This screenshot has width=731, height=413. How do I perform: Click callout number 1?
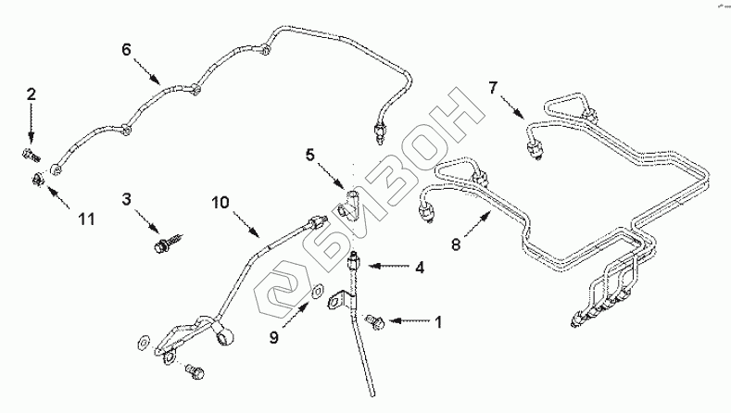click(438, 322)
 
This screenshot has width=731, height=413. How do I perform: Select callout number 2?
click(31, 94)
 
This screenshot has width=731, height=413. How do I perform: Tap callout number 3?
click(127, 198)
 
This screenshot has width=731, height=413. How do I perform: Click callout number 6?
click(127, 49)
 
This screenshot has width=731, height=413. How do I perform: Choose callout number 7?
click(493, 87)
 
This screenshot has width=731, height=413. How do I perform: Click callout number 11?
click(86, 219)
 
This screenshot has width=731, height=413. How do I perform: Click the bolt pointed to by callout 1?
click(375, 321)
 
